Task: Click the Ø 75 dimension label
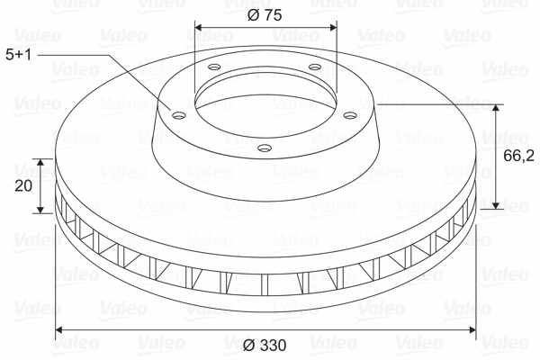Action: pyautogui.click(x=265, y=14)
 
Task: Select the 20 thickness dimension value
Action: pyautogui.click(x=24, y=186)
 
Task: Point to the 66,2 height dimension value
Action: pyautogui.click(x=513, y=156)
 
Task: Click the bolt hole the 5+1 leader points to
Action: pyautogui.click(x=176, y=113)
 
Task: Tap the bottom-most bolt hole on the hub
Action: pyautogui.click(x=264, y=147)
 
